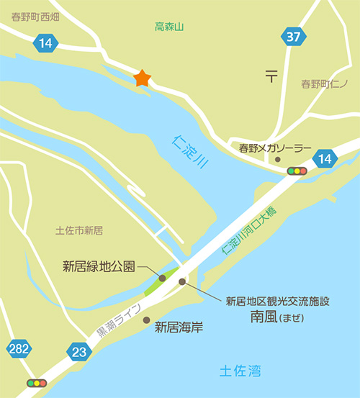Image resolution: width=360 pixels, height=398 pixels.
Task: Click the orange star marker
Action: click(142, 78)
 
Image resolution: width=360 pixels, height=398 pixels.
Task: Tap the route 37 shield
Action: click(292, 37)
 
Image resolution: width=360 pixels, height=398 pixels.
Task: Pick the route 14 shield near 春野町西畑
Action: click(45, 44)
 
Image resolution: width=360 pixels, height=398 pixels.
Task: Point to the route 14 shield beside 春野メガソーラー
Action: click(326, 159)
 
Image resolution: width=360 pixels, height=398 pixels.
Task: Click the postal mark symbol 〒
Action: click(271, 74)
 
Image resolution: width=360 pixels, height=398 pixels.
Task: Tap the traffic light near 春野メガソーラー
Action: click(297, 171)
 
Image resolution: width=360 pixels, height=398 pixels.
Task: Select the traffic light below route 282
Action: click(35, 384)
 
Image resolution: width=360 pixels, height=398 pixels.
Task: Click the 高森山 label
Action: click(170, 27)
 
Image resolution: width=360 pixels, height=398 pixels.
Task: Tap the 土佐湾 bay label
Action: click(240, 371)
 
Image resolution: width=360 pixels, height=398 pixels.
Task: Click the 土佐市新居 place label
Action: click(79, 230)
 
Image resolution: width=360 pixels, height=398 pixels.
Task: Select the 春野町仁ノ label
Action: click(324, 84)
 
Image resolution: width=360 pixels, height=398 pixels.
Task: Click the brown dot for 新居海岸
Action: click(147, 320)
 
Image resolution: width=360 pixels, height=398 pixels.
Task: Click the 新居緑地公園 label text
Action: click(99, 266)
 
